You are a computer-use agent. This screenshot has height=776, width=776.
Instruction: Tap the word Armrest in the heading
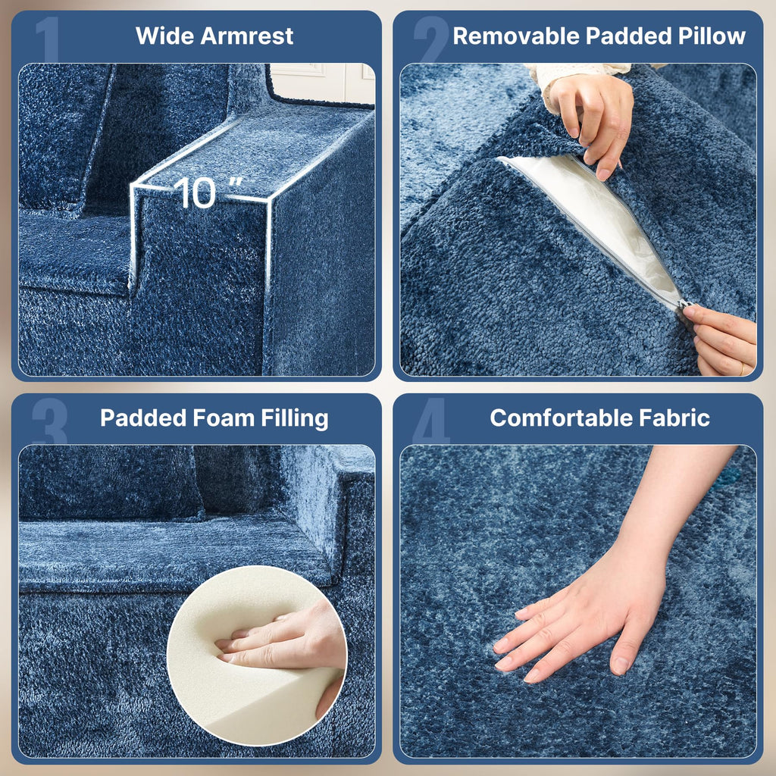247,36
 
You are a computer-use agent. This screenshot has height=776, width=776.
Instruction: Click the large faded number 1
48,39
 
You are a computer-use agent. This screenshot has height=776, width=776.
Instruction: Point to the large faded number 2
431,39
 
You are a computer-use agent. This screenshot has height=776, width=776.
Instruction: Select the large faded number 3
49,421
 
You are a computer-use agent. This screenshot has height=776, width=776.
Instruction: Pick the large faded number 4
431,421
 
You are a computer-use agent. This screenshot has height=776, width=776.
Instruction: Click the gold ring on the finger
742,369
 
